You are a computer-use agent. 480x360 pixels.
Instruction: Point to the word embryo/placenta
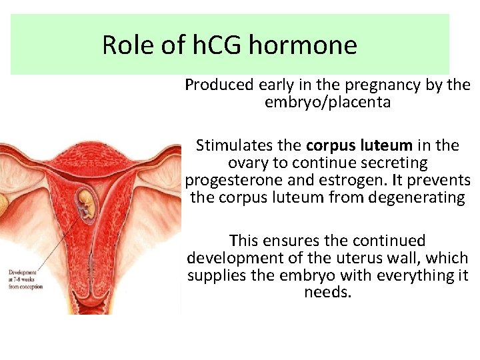tap(327, 103)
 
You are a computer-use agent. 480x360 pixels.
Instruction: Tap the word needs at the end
tap(327, 292)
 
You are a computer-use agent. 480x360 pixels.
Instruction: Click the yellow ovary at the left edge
tap(3, 207)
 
